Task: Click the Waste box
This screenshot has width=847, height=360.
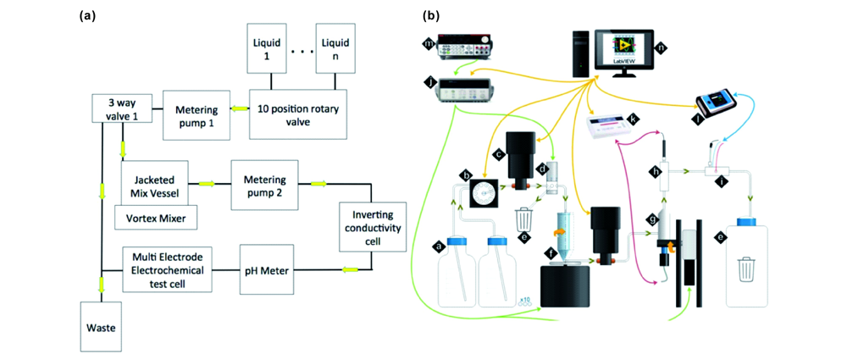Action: (102, 326)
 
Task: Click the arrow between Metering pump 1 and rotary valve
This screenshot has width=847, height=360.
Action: (240, 109)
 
